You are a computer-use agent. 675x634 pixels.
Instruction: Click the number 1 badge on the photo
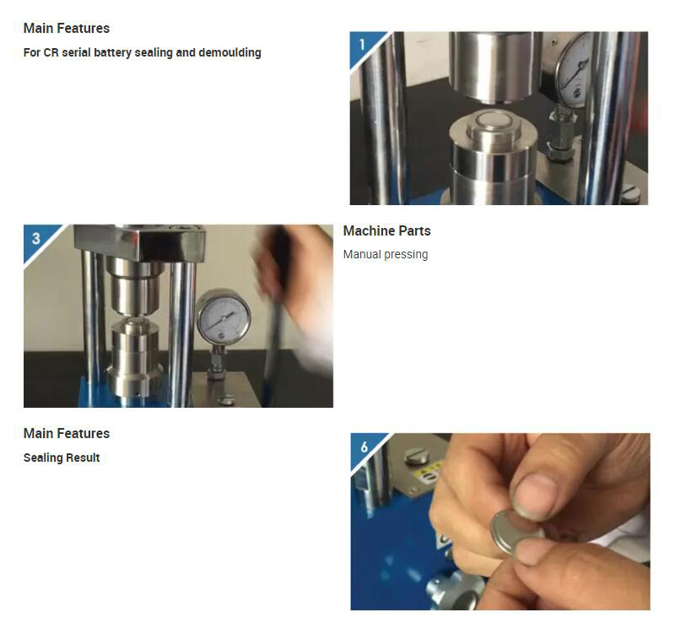pyautogui.click(x=362, y=44)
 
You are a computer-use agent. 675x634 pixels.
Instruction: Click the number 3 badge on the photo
pyautogui.click(x=36, y=238)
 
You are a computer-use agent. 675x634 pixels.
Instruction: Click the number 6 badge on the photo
pyautogui.click(x=364, y=447)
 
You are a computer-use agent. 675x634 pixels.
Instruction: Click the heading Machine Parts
pyautogui.click(x=386, y=230)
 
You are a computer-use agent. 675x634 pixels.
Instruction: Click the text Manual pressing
pyautogui.click(x=386, y=255)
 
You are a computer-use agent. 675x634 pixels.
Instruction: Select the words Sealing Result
pyautogui.click(x=62, y=458)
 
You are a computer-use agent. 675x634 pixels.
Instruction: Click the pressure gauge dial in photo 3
pyautogui.click(x=224, y=317)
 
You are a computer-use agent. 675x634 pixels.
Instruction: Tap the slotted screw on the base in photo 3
pyautogui.click(x=226, y=399)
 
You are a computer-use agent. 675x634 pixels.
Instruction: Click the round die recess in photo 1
pyautogui.click(x=494, y=122)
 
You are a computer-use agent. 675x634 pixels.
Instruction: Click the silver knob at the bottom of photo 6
pyautogui.click(x=454, y=590)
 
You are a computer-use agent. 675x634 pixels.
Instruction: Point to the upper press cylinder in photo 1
pyautogui.click(x=495, y=68)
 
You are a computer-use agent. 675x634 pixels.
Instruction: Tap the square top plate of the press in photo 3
pyautogui.click(x=140, y=242)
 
